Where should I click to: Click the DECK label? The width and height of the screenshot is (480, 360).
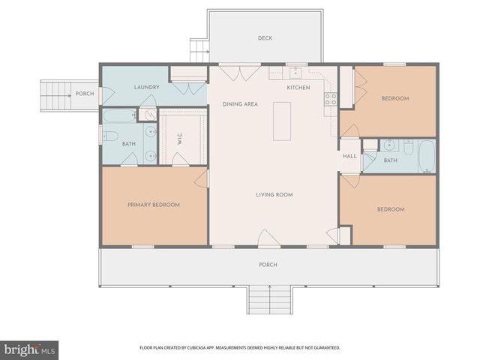pyautogui.click(x=265, y=38)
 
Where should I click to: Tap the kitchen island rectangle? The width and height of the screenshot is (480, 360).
pyautogui.click(x=283, y=121)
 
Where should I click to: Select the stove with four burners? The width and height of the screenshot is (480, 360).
pyautogui.click(x=329, y=98)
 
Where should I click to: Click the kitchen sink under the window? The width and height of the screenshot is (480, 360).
pyautogui.click(x=297, y=73)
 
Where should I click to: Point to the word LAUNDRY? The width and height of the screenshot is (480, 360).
pyautogui.click(x=146, y=88)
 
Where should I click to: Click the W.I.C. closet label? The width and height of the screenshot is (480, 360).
pyautogui.click(x=180, y=138)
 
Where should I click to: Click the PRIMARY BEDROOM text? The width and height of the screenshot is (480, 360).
pyautogui.click(x=153, y=205)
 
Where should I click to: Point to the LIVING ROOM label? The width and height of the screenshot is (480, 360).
pyautogui.click(x=274, y=195)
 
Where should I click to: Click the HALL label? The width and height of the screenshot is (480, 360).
pyautogui.click(x=349, y=157)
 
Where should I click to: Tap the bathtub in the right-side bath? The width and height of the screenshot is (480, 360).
pyautogui.click(x=426, y=156)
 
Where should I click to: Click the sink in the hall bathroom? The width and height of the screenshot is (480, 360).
pyautogui.click(x=388, y=145)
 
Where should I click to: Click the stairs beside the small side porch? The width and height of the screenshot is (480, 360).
pyautogui.click(x=54, y=94)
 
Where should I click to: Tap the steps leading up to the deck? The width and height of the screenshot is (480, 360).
pyautogui.click(x=199, y=51)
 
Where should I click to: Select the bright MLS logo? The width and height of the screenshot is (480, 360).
pyautogui.click(x=30, y=349)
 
